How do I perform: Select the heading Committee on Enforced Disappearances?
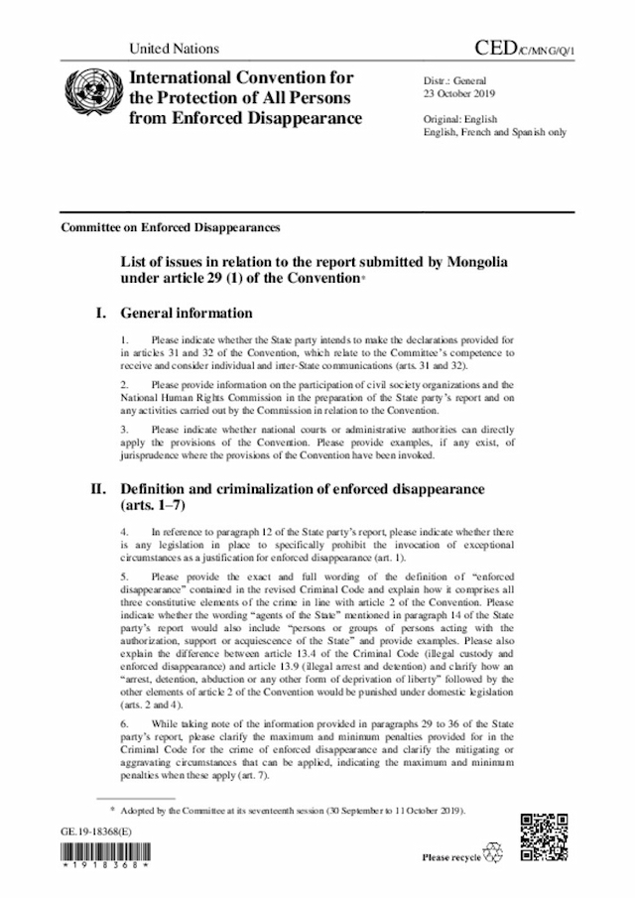(171, 227)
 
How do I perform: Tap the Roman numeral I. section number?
(99, 314)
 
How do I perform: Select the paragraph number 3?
(123, 430)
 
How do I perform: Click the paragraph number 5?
(123, 576)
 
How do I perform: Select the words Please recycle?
(450, 856)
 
